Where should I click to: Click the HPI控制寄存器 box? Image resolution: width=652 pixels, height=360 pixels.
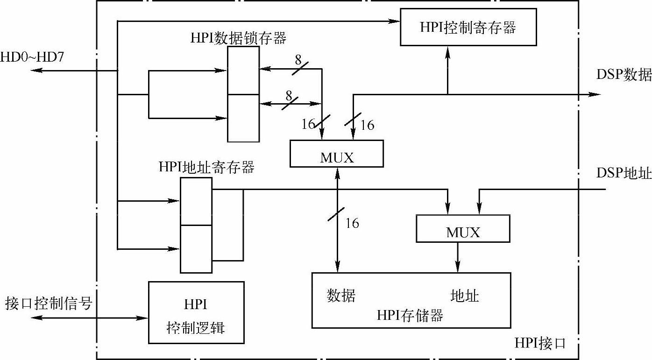[x=468, y=27]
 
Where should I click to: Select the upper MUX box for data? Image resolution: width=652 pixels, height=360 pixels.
[x=337, y=153]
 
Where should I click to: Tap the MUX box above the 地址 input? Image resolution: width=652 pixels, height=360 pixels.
[x=463, y=229]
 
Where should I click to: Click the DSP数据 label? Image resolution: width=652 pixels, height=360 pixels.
[x=624, y=75]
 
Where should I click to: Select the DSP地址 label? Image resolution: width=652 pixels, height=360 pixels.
[x=624, y=173]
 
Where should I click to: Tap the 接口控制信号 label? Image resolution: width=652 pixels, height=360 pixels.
[x=49, y=304]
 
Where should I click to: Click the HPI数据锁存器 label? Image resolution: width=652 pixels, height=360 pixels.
[x=238, y=38]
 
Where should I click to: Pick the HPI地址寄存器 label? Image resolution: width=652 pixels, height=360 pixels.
[x=206, y=167]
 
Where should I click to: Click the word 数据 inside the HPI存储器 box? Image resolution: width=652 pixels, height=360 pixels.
[x=341, y=296]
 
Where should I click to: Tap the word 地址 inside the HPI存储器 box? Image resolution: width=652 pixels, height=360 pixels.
[x=465, y=296]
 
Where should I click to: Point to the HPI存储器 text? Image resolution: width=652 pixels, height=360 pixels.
[x=410, y=316]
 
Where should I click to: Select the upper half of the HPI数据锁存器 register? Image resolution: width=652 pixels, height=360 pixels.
[x=243, y=70]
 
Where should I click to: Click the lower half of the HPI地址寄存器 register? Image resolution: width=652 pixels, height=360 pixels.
[x=196, y=249]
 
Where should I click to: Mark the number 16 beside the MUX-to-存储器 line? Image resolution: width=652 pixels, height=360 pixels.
[x=352, y=223]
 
